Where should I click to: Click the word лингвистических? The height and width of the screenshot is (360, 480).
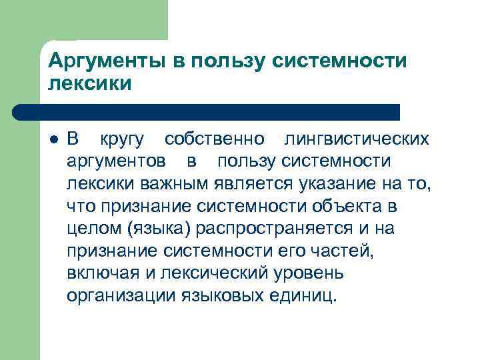(357, 140)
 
